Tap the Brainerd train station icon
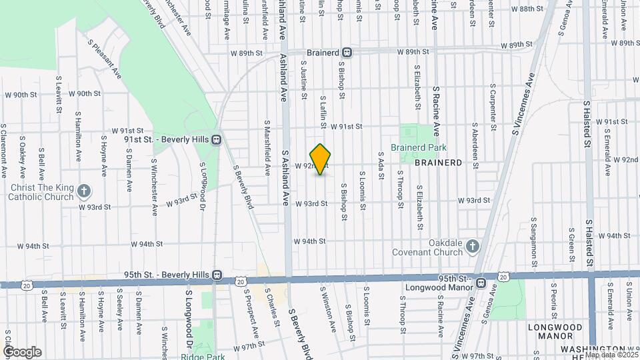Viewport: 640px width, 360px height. coord(347,52)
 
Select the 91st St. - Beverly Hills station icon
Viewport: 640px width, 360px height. coord(216,140)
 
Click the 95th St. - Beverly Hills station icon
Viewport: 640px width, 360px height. coord(217,275)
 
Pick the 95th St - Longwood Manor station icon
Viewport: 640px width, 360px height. coord(480,283)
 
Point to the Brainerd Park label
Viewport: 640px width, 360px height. coord(418,148)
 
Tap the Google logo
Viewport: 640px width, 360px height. coord(22,351)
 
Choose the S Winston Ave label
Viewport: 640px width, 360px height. coord(327,311)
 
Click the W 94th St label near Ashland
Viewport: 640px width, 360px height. coord(309,241)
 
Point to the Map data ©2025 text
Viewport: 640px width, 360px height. coord(610,355)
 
